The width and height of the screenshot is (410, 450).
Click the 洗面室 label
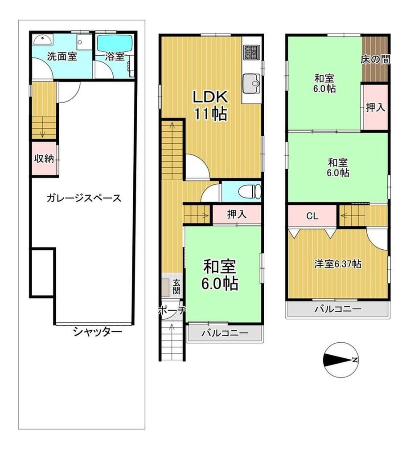click(62, 57)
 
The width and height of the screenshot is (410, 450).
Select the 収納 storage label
click(44, 158)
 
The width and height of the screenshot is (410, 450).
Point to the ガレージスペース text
click(84, 198)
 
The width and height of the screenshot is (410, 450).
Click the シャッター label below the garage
click(98, 332)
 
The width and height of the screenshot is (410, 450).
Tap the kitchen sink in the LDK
click(252, 83)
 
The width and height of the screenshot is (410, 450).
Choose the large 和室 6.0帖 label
click(220, 275)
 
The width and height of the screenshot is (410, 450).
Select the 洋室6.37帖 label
click(338, 264)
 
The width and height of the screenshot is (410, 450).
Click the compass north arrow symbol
click(341, 360)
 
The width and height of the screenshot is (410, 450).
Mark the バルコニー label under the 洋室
click(338, 309)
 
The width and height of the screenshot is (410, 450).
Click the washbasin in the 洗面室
click(43, 39)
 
